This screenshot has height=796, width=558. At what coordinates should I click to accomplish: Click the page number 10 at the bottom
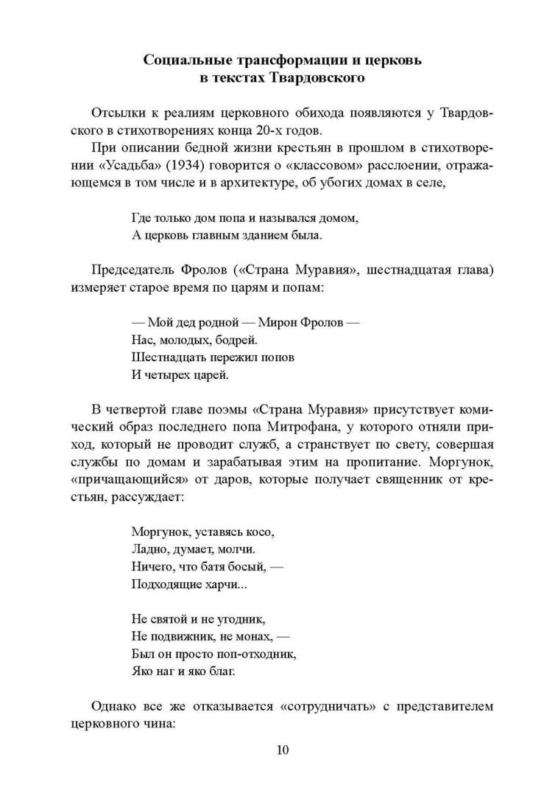(x=283, y=750)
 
